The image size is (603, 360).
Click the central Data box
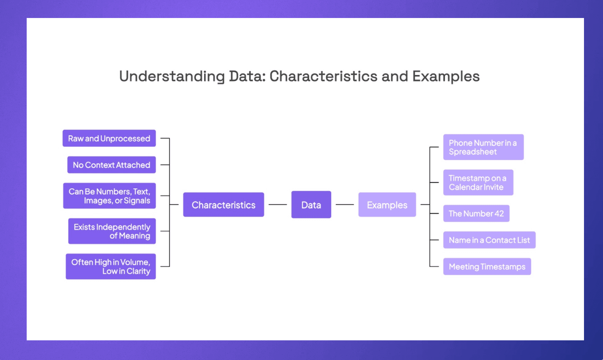(x=311, y=205)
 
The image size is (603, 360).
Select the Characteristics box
(x=223, y=205)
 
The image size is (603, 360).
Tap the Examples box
(x=387, y=205)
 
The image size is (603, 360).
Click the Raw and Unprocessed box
(x=109, y=138)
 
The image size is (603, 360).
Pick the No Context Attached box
(x=111, y=165)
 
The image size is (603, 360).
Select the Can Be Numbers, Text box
(x=109, y=196)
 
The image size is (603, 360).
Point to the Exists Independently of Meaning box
(x=112, y=231)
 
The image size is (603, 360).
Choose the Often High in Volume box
(x=111, y=266)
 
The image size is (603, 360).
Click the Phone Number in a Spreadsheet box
(x=483, y=147)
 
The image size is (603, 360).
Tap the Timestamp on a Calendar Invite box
(x=478, y=182)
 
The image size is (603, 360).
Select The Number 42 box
(x=476, y=213)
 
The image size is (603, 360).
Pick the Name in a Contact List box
(x=489, y=240)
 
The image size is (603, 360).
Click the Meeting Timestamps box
(x=487, y=267)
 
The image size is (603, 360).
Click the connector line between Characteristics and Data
(x=277, y=204)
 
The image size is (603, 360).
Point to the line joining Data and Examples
(x=345, y=204)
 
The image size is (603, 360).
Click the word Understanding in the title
(x=172, y=76)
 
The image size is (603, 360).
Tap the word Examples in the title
(x=446, y=76)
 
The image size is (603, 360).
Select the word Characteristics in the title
(x=323, y=76)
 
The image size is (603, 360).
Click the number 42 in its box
(x=499, y=214)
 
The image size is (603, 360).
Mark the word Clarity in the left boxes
(x=138, y=271)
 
